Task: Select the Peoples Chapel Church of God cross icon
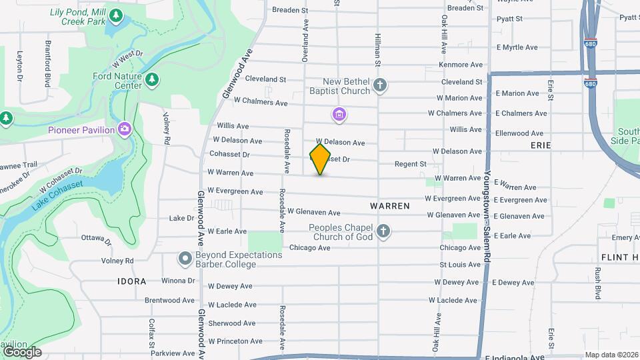[383, 231]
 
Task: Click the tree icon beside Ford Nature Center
[153, 80]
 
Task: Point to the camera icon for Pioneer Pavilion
[125, 129]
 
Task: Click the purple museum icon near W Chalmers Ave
[339, 115]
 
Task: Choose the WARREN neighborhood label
[390, 206]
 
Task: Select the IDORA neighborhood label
[131, 281]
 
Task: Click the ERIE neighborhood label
[541, 145]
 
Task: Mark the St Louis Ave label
[460, 265]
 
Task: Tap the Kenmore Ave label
[460, 65]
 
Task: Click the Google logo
[22, 351]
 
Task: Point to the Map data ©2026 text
[611, 355]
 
